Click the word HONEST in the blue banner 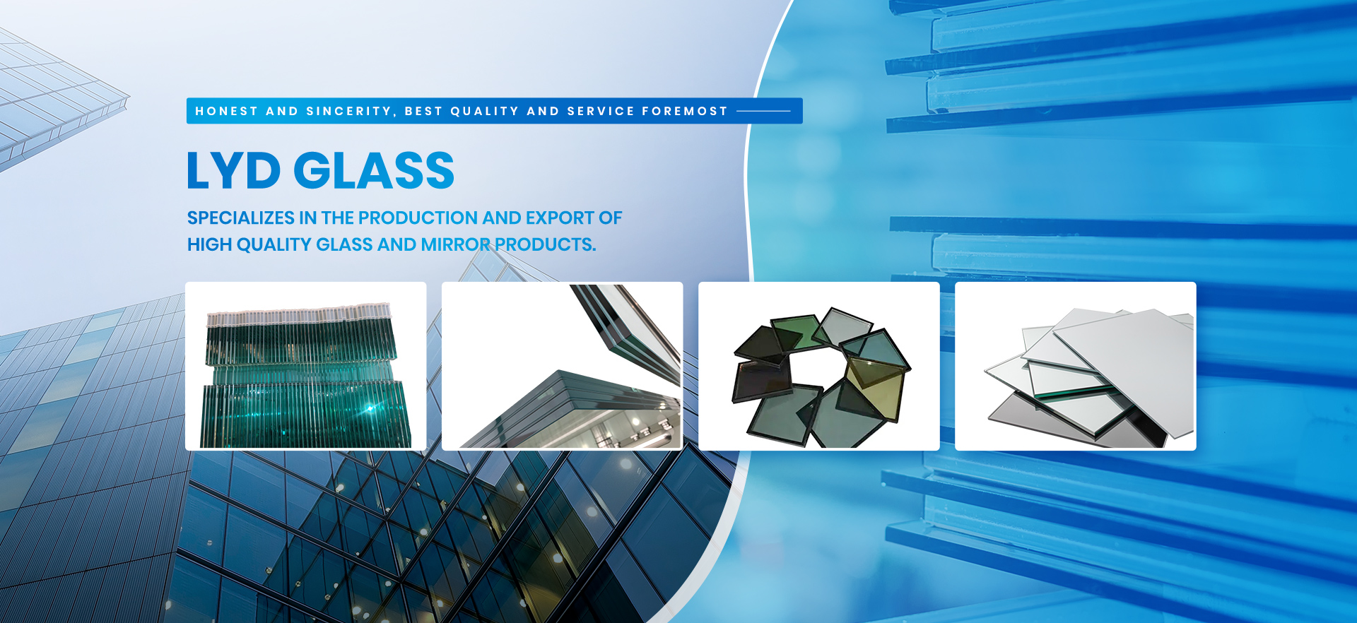tap(227, 111)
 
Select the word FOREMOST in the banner tap(684, 111)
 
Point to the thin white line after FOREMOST tap(763, 111)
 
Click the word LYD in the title tap(234, 170)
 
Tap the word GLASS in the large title tap(374, 170)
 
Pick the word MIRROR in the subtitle tap(455, 244)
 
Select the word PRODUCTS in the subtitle tap(545, 244)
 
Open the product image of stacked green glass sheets tap(306, 366)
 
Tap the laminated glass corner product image tap(563, 366)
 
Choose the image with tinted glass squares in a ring tap(819, 366)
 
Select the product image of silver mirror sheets tap(1076, 366)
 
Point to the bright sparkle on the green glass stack tap(369, 408)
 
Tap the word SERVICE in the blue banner tap(601, 111)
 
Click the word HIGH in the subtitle tap(209, 244)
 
